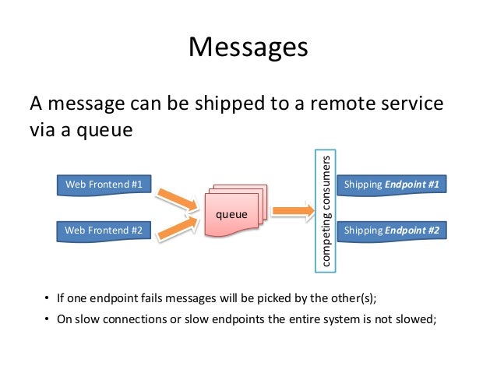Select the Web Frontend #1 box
click(104, 185)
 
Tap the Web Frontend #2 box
click(104, 230)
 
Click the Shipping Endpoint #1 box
click(392, 185)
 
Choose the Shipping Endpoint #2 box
click(392, 230)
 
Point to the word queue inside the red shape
click(231, 213)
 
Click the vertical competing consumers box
click(326, 209)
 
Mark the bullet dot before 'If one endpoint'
click(47, 298)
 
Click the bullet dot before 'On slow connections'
click(47, 320)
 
